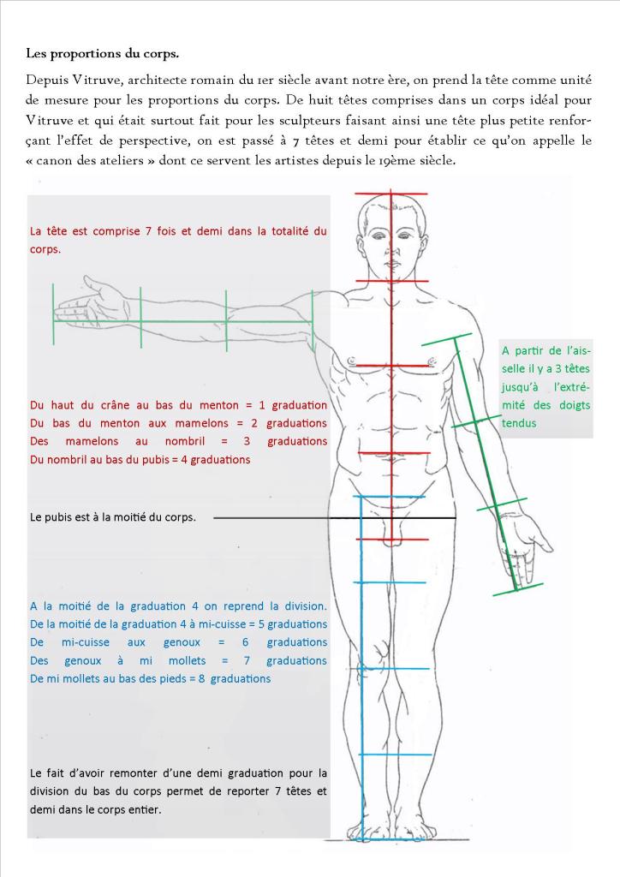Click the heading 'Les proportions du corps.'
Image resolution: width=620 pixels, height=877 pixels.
click(103, 53)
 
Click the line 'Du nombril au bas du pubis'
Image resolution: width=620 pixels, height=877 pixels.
click(140, 460)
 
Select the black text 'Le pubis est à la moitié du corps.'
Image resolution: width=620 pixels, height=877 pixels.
click(113, 517)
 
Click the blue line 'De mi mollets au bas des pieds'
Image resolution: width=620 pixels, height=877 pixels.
click(150, 679)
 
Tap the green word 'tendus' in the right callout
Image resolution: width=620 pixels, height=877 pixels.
click(519, 424)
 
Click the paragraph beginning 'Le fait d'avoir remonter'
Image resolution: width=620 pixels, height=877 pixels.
click(178, 790)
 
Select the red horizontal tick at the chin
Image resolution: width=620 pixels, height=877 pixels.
click(391, 280)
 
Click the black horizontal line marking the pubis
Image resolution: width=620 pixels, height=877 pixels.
click(334, 518)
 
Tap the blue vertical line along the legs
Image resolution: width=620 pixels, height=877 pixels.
click(362, 668)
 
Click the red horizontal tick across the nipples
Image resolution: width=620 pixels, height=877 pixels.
click(391, 366)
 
